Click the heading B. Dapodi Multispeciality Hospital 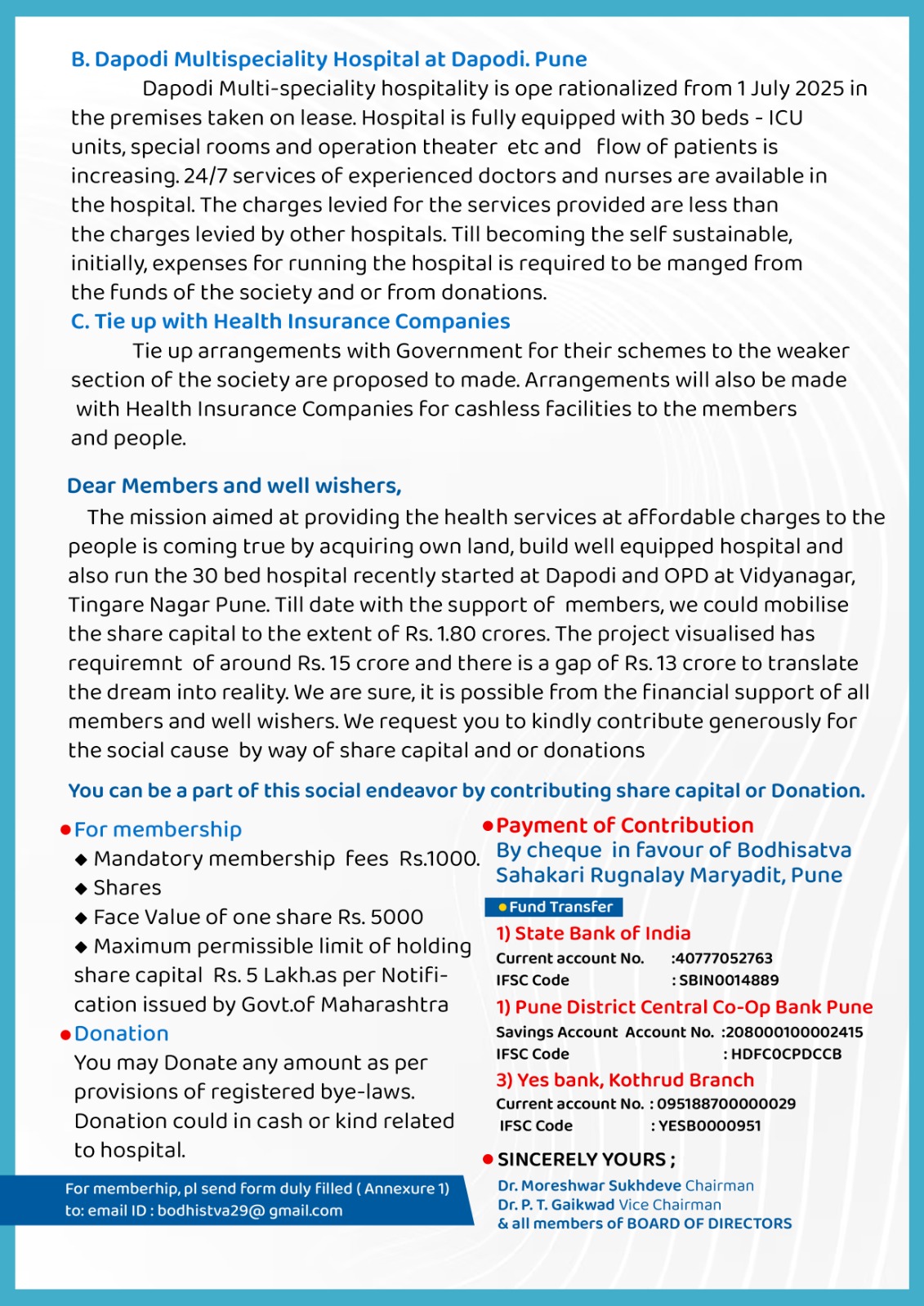click(328, 60)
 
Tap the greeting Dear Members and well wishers click(234, 486)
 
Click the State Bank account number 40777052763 click(723, 958)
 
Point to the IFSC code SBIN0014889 click(729, 980)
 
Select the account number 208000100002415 click(794, 1032)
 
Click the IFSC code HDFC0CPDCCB click(786, 1054)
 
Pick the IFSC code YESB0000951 click(709, 1126)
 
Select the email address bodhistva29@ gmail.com click(250, 1210)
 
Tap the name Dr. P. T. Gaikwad click(556, 1205)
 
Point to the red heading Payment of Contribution click(624, 825)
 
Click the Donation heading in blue click(121, 1033)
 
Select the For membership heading click(158, 829)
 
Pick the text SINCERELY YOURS click(586, 1159)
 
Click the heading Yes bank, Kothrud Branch click(625, 1080)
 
